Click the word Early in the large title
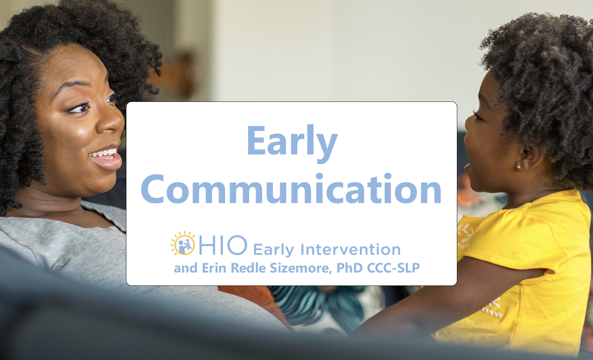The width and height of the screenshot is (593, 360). (x=292, y=143)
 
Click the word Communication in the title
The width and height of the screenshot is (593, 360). (x=291, y=189)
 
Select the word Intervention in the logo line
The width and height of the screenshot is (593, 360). (x=350, y=249)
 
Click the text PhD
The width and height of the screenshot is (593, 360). (x=350, y=268)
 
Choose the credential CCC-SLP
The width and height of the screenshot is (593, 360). (x=394, y=268)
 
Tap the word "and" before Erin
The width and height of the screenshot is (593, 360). (x=185, y=268)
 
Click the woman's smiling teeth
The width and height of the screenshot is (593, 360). (x=104, y=153)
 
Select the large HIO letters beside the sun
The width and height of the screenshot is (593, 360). (x=223, y=245)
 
